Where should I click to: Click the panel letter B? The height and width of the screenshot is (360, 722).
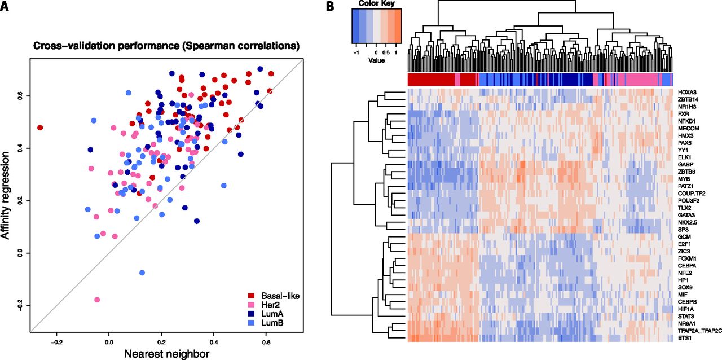[x=331, y=7]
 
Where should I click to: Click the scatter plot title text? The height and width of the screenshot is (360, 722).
[x=166, y=45]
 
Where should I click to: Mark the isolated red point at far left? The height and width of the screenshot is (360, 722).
[x=40, y=128]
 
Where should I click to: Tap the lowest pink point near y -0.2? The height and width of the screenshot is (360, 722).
[x=97, y=300]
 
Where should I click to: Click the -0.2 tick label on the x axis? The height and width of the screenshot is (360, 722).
[x=57, y=341]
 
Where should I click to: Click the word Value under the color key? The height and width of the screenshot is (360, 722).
[x=376, y=60]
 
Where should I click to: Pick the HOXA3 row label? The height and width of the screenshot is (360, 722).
[x=687, y=91]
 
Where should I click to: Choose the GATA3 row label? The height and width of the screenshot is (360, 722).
[x=686, y=216]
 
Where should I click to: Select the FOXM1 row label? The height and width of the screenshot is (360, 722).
[x=687, y=258]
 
